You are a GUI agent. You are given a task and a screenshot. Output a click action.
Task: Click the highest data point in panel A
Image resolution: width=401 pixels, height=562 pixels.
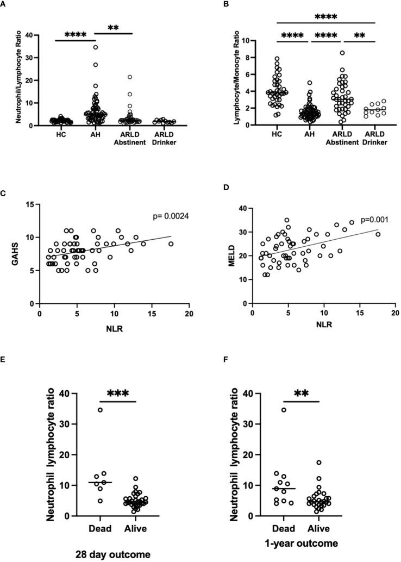[x=96, y=47]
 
